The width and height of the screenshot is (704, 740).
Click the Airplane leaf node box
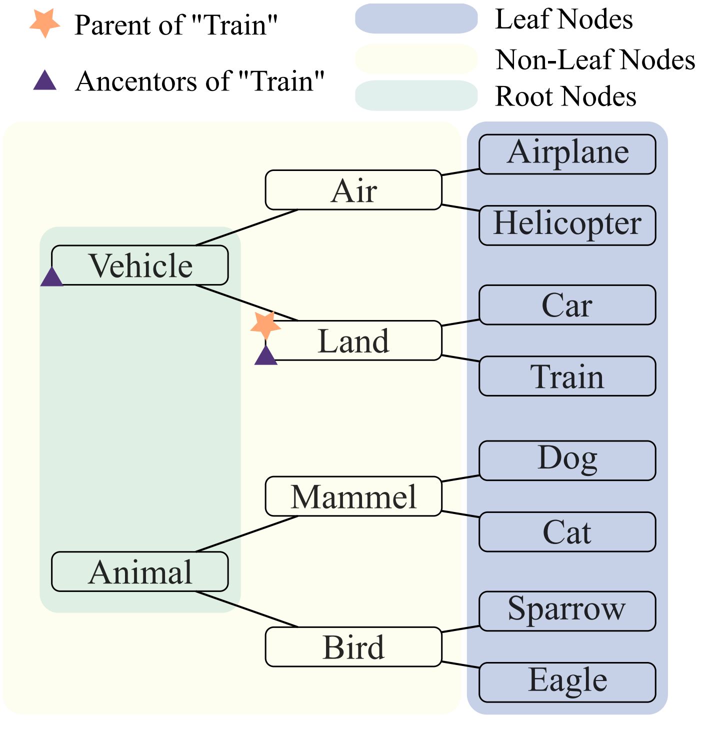click(567, 154)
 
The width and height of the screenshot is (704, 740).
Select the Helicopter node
click(567, 225)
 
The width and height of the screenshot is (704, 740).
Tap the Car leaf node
click(567, 305)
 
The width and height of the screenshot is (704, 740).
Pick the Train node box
click(567, 376)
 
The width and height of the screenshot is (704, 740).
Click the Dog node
click(567, 460)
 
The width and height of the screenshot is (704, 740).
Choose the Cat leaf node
click(567, 531)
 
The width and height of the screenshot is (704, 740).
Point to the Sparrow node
click(567, 611)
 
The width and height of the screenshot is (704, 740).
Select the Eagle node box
click(567, 682)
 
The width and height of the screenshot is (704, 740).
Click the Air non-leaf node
click(353, 190)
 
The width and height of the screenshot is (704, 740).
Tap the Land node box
click(353, 340)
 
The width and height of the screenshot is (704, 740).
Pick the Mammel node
click(353, 496)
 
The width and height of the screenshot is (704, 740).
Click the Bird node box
click(353, 646)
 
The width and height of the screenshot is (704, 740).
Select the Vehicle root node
click(140, 265)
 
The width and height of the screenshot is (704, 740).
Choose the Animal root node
click(140, 571)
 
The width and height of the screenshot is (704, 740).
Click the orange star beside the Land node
click(265, 325)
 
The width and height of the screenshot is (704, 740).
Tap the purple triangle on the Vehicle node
click(51, 277)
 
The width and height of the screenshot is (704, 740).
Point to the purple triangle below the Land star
click(265, 356)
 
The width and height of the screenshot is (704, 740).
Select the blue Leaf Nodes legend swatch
click(416, 18)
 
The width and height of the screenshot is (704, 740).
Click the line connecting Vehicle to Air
click(246, 227)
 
